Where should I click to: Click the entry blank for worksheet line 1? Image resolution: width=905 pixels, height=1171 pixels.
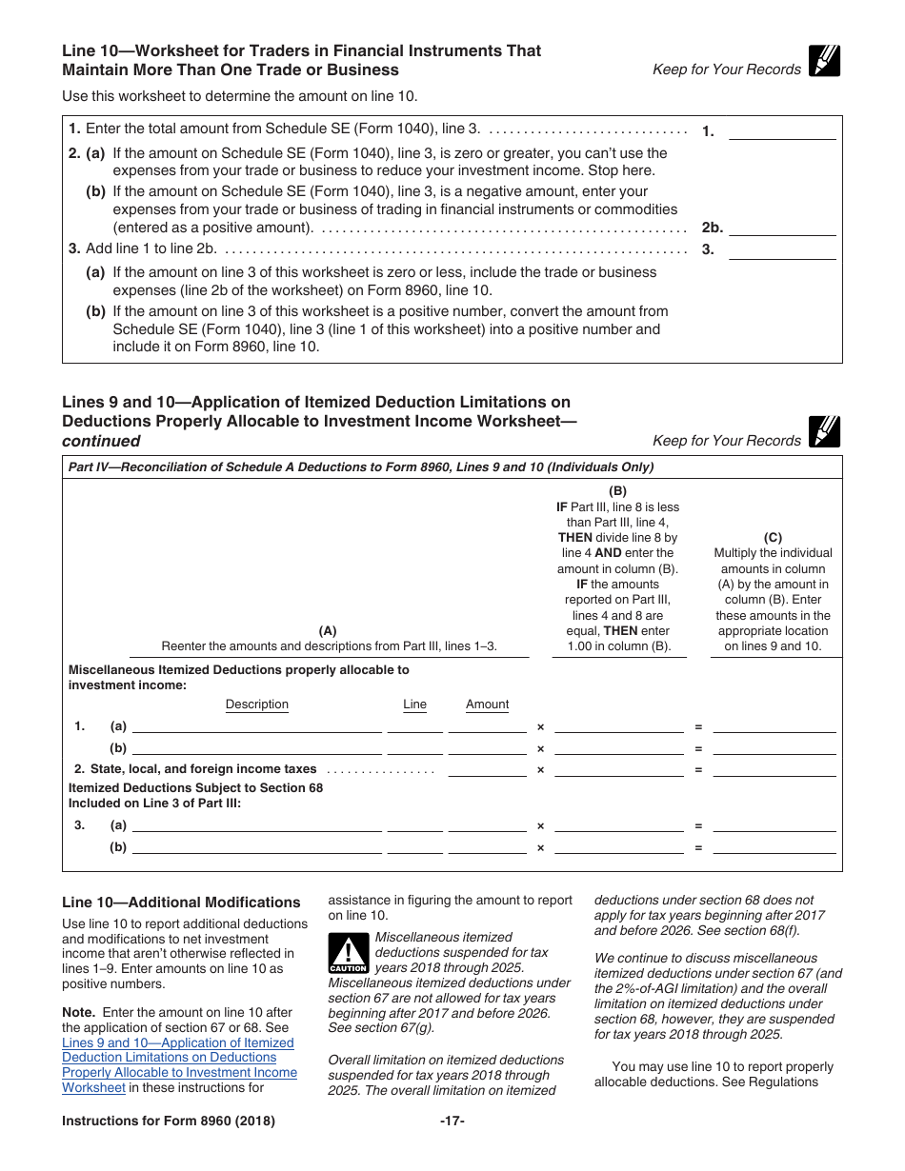click(x=781, y=132)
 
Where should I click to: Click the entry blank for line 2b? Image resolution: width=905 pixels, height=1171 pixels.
click(x=781, y=228)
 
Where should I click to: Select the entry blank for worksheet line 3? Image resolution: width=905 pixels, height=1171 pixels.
click(x=781, y=251)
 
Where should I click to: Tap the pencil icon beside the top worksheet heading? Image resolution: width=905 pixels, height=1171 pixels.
click(x=824, y=61)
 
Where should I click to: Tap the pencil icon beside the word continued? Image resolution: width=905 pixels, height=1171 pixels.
click(x=824, y=432)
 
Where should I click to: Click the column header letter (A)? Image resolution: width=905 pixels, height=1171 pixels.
click(x=328, y=630)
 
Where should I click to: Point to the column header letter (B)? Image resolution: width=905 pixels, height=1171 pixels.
click(x=618, y=491)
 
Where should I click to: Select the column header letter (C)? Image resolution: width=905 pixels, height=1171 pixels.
click(x=773, y=537)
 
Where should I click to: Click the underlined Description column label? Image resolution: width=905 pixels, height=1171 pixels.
click(x=256, y=705)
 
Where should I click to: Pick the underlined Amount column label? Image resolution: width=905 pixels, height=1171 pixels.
click(x=487, y=705)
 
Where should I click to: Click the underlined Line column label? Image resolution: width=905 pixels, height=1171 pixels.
click(x=414, y=705)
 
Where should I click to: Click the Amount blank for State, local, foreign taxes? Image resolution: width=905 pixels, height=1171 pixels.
click(x=487, y=769)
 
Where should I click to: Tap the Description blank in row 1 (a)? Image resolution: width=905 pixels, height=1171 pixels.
click(x=257, y=726)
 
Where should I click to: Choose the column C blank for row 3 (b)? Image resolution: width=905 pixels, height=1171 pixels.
click(x=774, y=847)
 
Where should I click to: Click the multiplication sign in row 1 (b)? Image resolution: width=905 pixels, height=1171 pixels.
click(x=540, y=749)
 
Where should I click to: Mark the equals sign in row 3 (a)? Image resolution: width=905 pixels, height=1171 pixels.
click(x=698, y=826)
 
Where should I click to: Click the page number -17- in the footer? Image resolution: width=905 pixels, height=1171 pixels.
click(x=452, y=1121)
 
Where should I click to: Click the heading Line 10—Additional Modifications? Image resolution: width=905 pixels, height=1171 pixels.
click(x=181, y=903)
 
